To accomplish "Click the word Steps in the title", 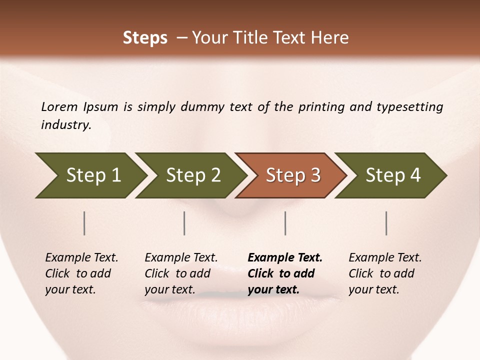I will pos(145,38).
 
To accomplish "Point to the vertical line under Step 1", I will pos(84,223).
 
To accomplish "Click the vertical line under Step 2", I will pos(184,223).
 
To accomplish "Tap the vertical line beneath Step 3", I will pos(285,223).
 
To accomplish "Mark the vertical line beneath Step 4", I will pos(386,223).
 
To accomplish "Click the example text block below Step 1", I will pos(81,273).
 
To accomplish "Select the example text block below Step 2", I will pos(180,273).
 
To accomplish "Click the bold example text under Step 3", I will pos(284,273).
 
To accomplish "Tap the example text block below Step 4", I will pos(384,273).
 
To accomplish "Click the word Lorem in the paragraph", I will pos(59,106).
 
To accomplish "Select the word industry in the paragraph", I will pos(66,125).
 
